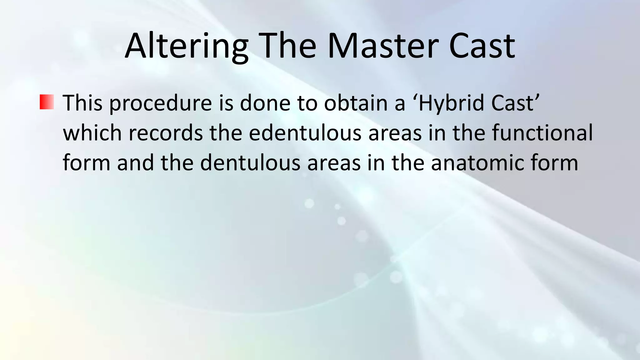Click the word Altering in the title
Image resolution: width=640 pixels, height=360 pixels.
186,46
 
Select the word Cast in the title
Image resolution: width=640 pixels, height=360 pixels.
482,46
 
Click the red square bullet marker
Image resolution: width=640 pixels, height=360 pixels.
47,102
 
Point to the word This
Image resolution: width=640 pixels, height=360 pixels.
82,103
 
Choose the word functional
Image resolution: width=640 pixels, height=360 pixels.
542,133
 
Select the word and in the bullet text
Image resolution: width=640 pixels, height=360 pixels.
135,163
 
